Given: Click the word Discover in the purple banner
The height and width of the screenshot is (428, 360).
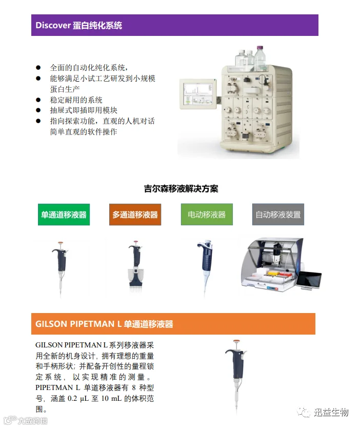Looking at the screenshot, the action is tap(53, 25).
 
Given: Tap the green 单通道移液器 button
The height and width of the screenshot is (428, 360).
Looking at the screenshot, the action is tap(64, 215).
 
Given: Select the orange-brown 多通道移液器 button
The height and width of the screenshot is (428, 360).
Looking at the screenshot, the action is tap(135, 215).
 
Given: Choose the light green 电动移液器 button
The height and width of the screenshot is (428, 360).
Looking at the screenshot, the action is tap(207, 215).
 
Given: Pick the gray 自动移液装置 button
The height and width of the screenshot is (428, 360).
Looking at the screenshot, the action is tap(278, 215).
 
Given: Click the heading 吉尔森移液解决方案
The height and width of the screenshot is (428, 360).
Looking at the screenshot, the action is tap(181, 189).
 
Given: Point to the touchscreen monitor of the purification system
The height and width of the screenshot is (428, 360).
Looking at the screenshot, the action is tap(198, 93).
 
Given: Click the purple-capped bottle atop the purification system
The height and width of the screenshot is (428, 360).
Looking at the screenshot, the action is tap(259, 58).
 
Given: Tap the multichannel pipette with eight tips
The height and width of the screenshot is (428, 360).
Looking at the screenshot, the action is tap(135, 266).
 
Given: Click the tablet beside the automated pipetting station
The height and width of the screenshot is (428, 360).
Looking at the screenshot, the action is tap(309, 280).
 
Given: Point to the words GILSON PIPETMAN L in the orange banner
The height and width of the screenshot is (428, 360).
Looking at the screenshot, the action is tap(78, 324).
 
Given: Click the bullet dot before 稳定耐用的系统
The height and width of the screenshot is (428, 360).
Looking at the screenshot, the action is tap(38, 100).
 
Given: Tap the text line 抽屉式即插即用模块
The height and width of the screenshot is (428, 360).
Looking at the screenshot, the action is tap(84, 110).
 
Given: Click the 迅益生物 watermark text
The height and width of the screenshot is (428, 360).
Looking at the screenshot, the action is tap(331, 412).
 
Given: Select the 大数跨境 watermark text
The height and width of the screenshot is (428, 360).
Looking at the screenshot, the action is tap(33, 421).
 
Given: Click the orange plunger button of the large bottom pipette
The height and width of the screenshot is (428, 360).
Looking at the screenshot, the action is tap(236, 341).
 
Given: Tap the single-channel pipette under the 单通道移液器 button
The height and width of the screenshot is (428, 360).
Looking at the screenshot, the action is tap(61, 267).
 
